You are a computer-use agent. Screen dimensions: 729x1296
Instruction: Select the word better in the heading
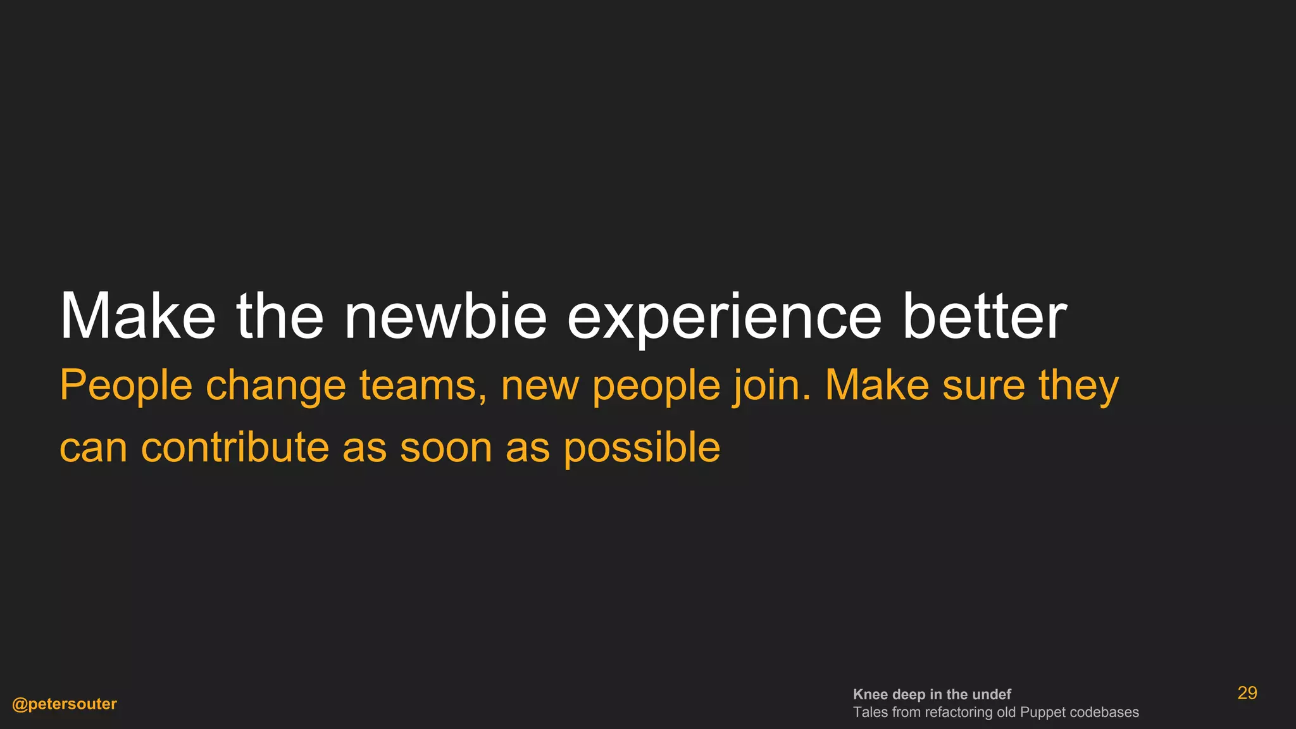pos(984,316)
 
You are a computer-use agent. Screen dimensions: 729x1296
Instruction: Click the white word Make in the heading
pos(137,316)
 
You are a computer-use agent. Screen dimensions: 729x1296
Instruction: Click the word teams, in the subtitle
pos(423,386)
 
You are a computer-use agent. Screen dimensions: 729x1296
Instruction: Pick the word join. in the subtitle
pos(771,386)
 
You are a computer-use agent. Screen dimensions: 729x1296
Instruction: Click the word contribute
pos(235,447)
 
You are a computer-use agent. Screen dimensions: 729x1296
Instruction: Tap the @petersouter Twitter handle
pos(65,704)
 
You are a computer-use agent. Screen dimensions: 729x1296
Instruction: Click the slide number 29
pos(1247,694)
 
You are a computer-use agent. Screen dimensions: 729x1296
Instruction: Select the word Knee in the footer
pos(870,695)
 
